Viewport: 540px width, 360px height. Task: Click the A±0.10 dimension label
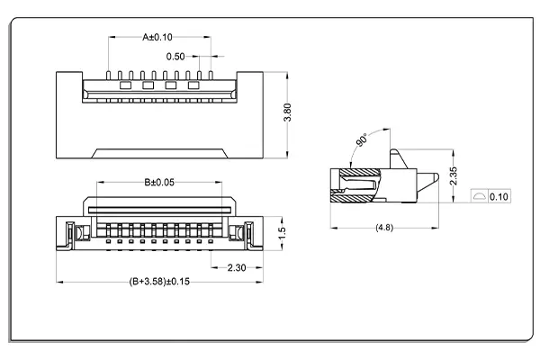click(x=157, y=37)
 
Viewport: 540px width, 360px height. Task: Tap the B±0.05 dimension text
click(x=159, y=183)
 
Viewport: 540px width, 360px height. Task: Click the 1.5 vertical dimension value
click(x=281, y=232)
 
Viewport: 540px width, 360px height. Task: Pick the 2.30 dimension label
click(x=237, y=267)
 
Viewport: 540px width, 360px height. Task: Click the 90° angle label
click(x=361, y=142)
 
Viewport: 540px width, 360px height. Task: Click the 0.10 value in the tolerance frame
click(x=499, y=196)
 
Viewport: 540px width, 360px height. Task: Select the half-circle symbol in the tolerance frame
click(x=480, y=196)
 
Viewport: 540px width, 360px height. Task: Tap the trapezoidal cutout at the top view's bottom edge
click(x=159, y=150)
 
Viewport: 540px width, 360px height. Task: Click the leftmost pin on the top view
click(x=108, y=73)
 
